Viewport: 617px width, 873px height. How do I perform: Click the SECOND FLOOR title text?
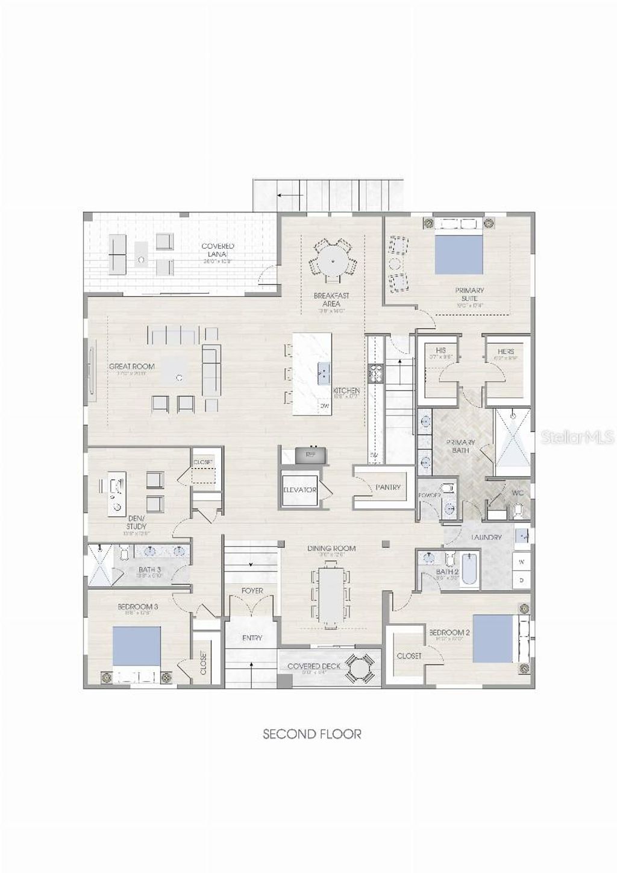tap(312, 734)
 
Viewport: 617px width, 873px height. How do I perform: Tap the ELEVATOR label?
tap(300, 490)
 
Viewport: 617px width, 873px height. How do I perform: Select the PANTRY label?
tap(387, 487)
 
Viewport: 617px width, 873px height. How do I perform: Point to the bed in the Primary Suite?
tap(459, 253)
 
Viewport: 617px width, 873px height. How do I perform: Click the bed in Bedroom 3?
tap(137, 646)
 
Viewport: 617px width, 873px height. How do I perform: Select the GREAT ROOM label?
tap(131, 366)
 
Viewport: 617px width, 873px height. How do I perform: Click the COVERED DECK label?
tap(313, 666)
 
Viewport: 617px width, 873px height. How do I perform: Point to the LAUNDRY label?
tap(486, 537)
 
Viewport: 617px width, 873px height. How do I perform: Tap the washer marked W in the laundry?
tap(522, 561)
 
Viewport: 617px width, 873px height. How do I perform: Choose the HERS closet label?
tap(506, 351)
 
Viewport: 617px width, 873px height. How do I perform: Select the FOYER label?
tap(252, 591)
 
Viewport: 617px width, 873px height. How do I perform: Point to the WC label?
tap(517, 493)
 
